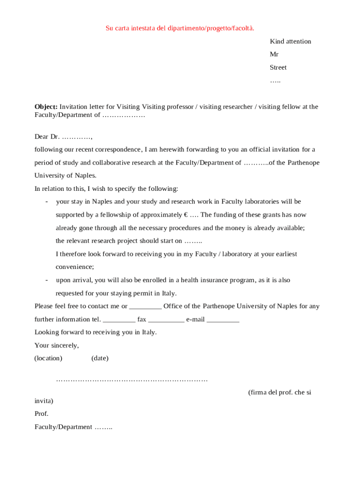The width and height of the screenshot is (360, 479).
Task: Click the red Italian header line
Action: pyautogui.click(x=180, y=29)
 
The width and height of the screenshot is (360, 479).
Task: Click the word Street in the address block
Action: pyautogui.click(x=278, y=67)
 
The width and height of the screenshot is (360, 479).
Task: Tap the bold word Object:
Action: pyautogui.click(x=46, y=107)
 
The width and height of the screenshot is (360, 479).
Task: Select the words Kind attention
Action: pyautogui.click(x=290, y=41)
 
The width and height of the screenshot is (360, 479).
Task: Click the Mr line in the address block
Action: pyautogui.click(x=274, y=54)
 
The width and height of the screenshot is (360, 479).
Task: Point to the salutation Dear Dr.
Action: pyautogui.click(x=47, y=137)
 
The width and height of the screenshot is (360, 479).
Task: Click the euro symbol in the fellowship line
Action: pyautogui.click(x=186, y=215)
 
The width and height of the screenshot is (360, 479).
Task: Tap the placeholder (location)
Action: pyautogui.click(x=48, y=358)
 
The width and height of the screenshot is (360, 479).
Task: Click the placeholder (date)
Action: pyautogui.click(x=100, y=358)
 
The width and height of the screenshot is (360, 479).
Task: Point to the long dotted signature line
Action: pyautogui.click(x=132, y=380)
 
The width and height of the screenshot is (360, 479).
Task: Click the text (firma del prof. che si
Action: pyautogui.click(x=280, y=392)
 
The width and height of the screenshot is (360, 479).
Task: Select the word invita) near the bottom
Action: pyautogui.click(x=44, y=401)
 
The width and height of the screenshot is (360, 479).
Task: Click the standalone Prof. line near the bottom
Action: pyautogui.click(x=42, y=414)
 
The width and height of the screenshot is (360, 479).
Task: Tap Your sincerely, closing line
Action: pyautogui.click(x=57, y=346)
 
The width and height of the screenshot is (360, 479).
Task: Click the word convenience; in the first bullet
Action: pyautogui.click(x=75, y=267)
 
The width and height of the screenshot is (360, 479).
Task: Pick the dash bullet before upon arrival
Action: pyautogui.click(x=47, y=280)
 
